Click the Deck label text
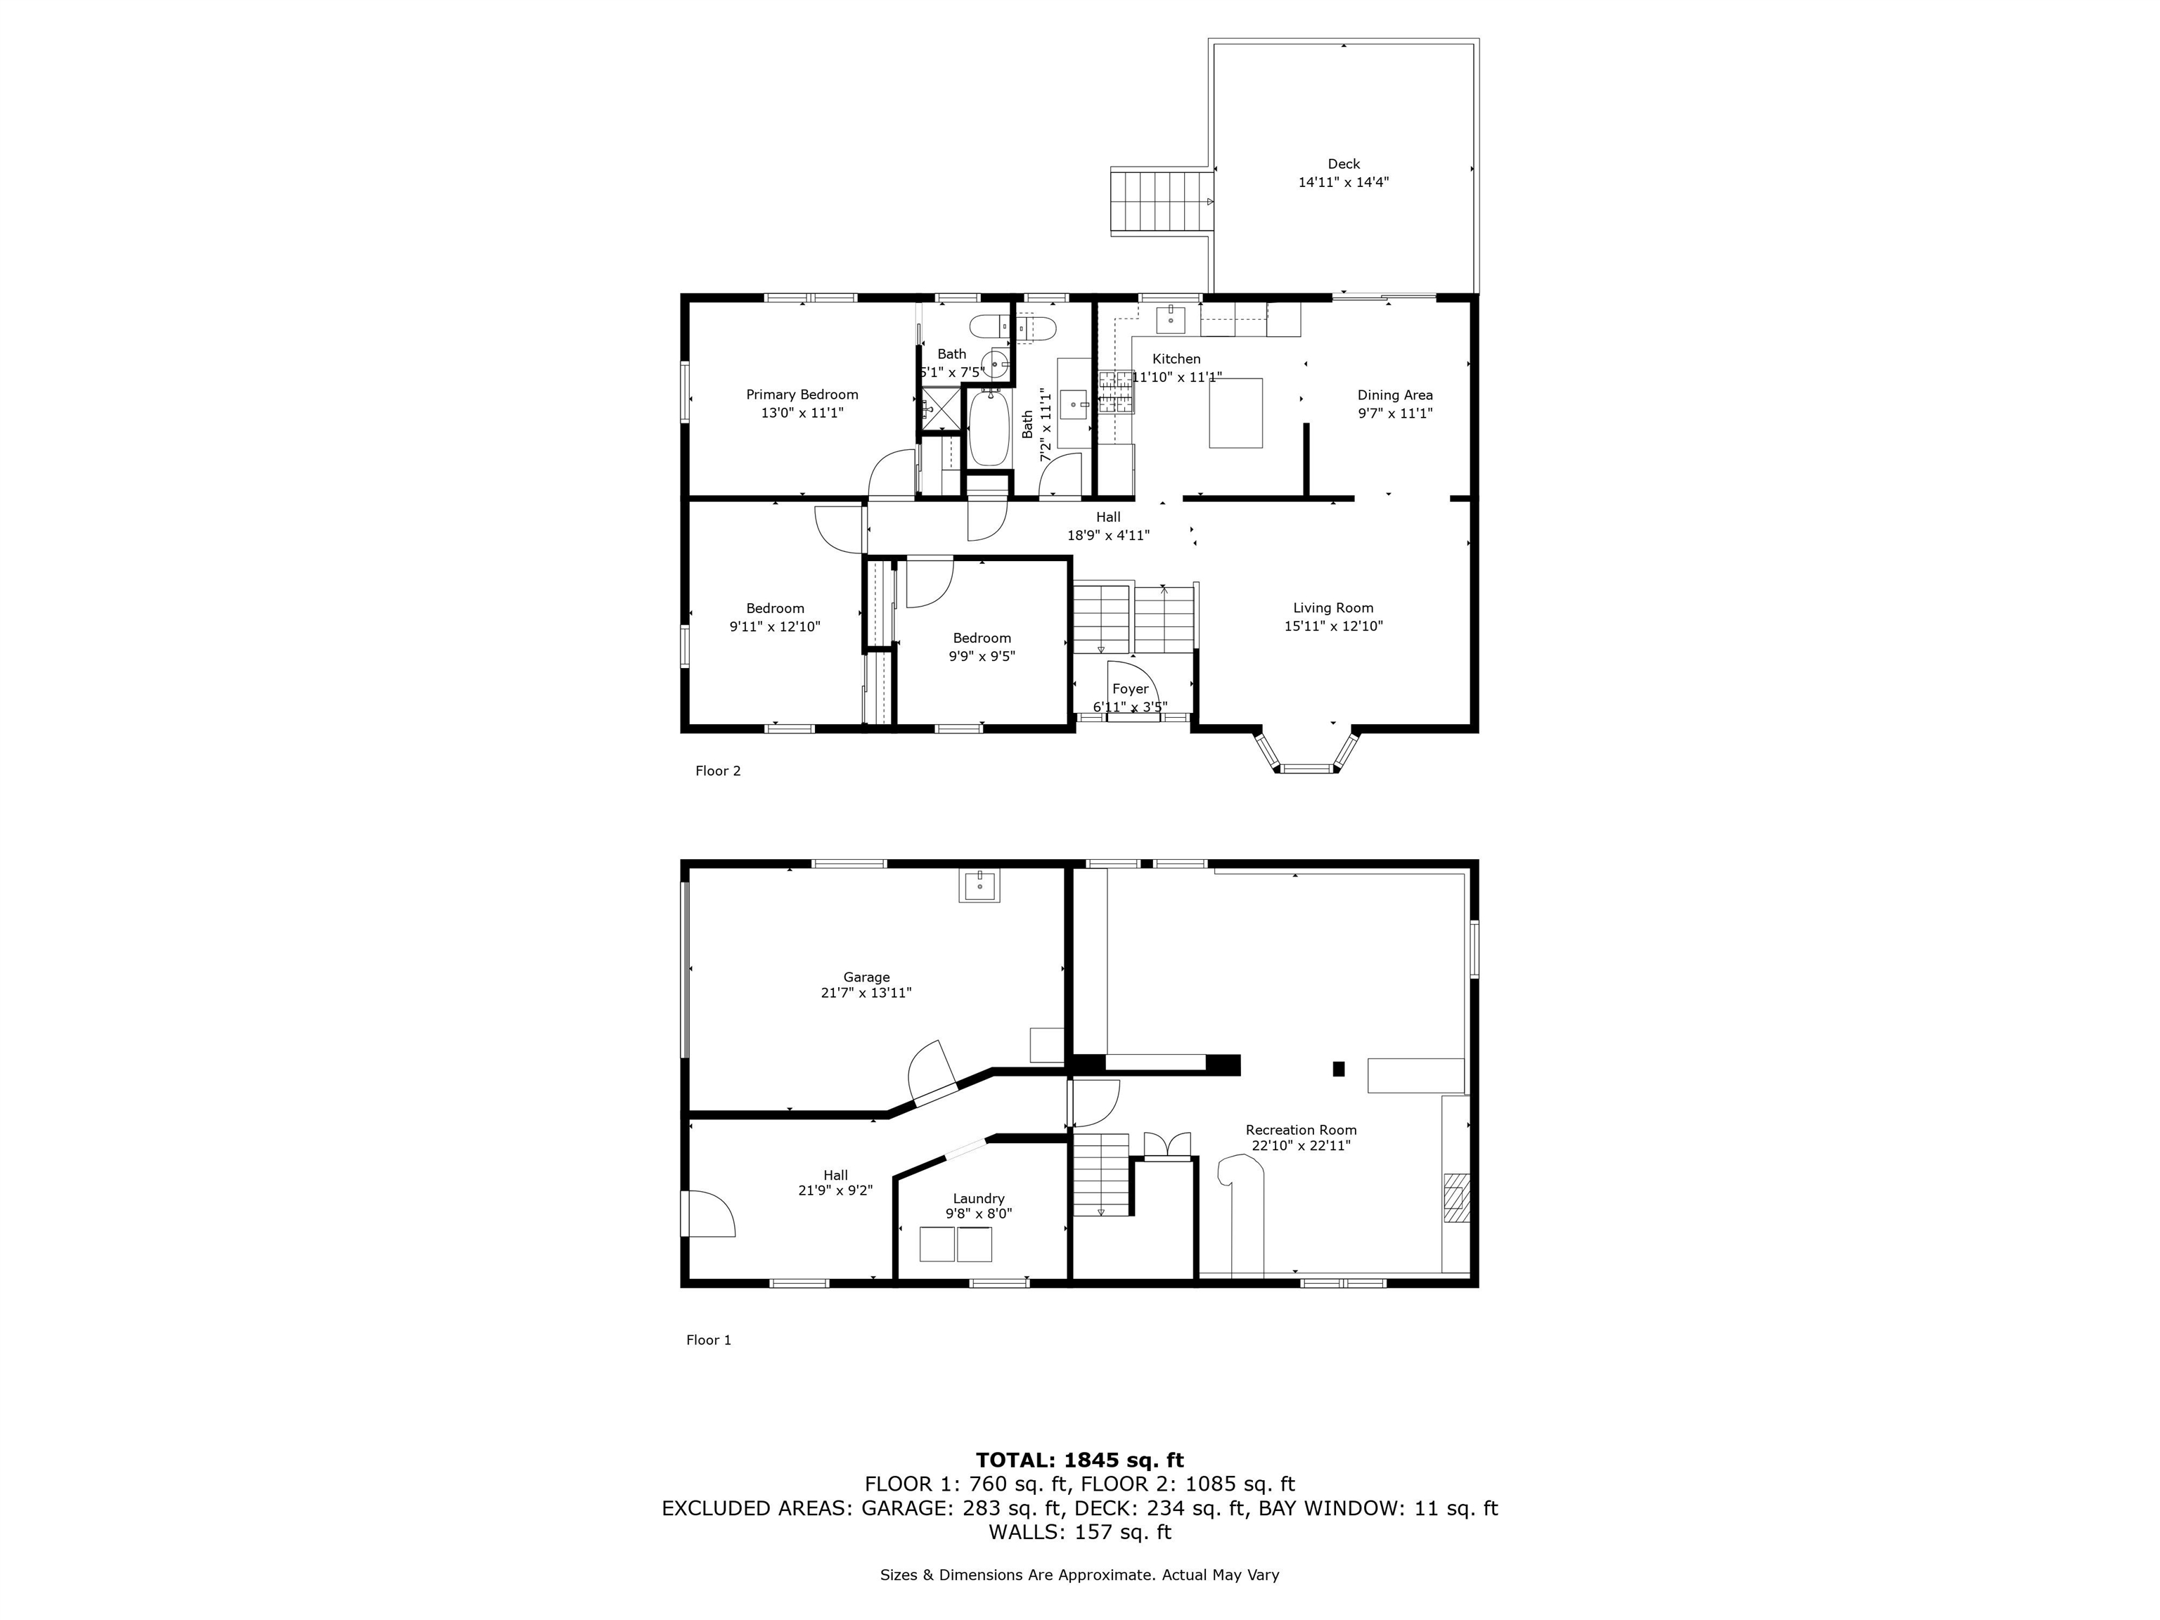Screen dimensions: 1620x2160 [x=1343, y=164]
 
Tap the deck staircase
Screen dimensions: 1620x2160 [x=1161, y=201]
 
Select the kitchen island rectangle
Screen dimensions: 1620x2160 [x=1235, y=413]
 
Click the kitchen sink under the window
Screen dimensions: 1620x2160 [x=1170, y=319]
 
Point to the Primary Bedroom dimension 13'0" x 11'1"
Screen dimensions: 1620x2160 [x=802, y=413]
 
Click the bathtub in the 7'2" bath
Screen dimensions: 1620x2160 [x=988, y=430]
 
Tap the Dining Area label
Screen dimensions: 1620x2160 [x=1394, y=395]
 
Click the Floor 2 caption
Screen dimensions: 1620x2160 [x=718, y=771]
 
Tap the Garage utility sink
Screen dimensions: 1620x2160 [x=979, y=887]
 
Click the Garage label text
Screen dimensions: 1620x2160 [x=866, y=977]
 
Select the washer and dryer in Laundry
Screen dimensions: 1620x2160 [x=955, y=1244]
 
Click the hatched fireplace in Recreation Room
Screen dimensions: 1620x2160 [x=1456, y=1197]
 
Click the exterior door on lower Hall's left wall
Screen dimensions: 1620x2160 [x=707, y=1214]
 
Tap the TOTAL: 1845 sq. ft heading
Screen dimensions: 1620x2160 [x=1079, y=1460]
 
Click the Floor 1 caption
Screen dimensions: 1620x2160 [x=708, y=1339]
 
